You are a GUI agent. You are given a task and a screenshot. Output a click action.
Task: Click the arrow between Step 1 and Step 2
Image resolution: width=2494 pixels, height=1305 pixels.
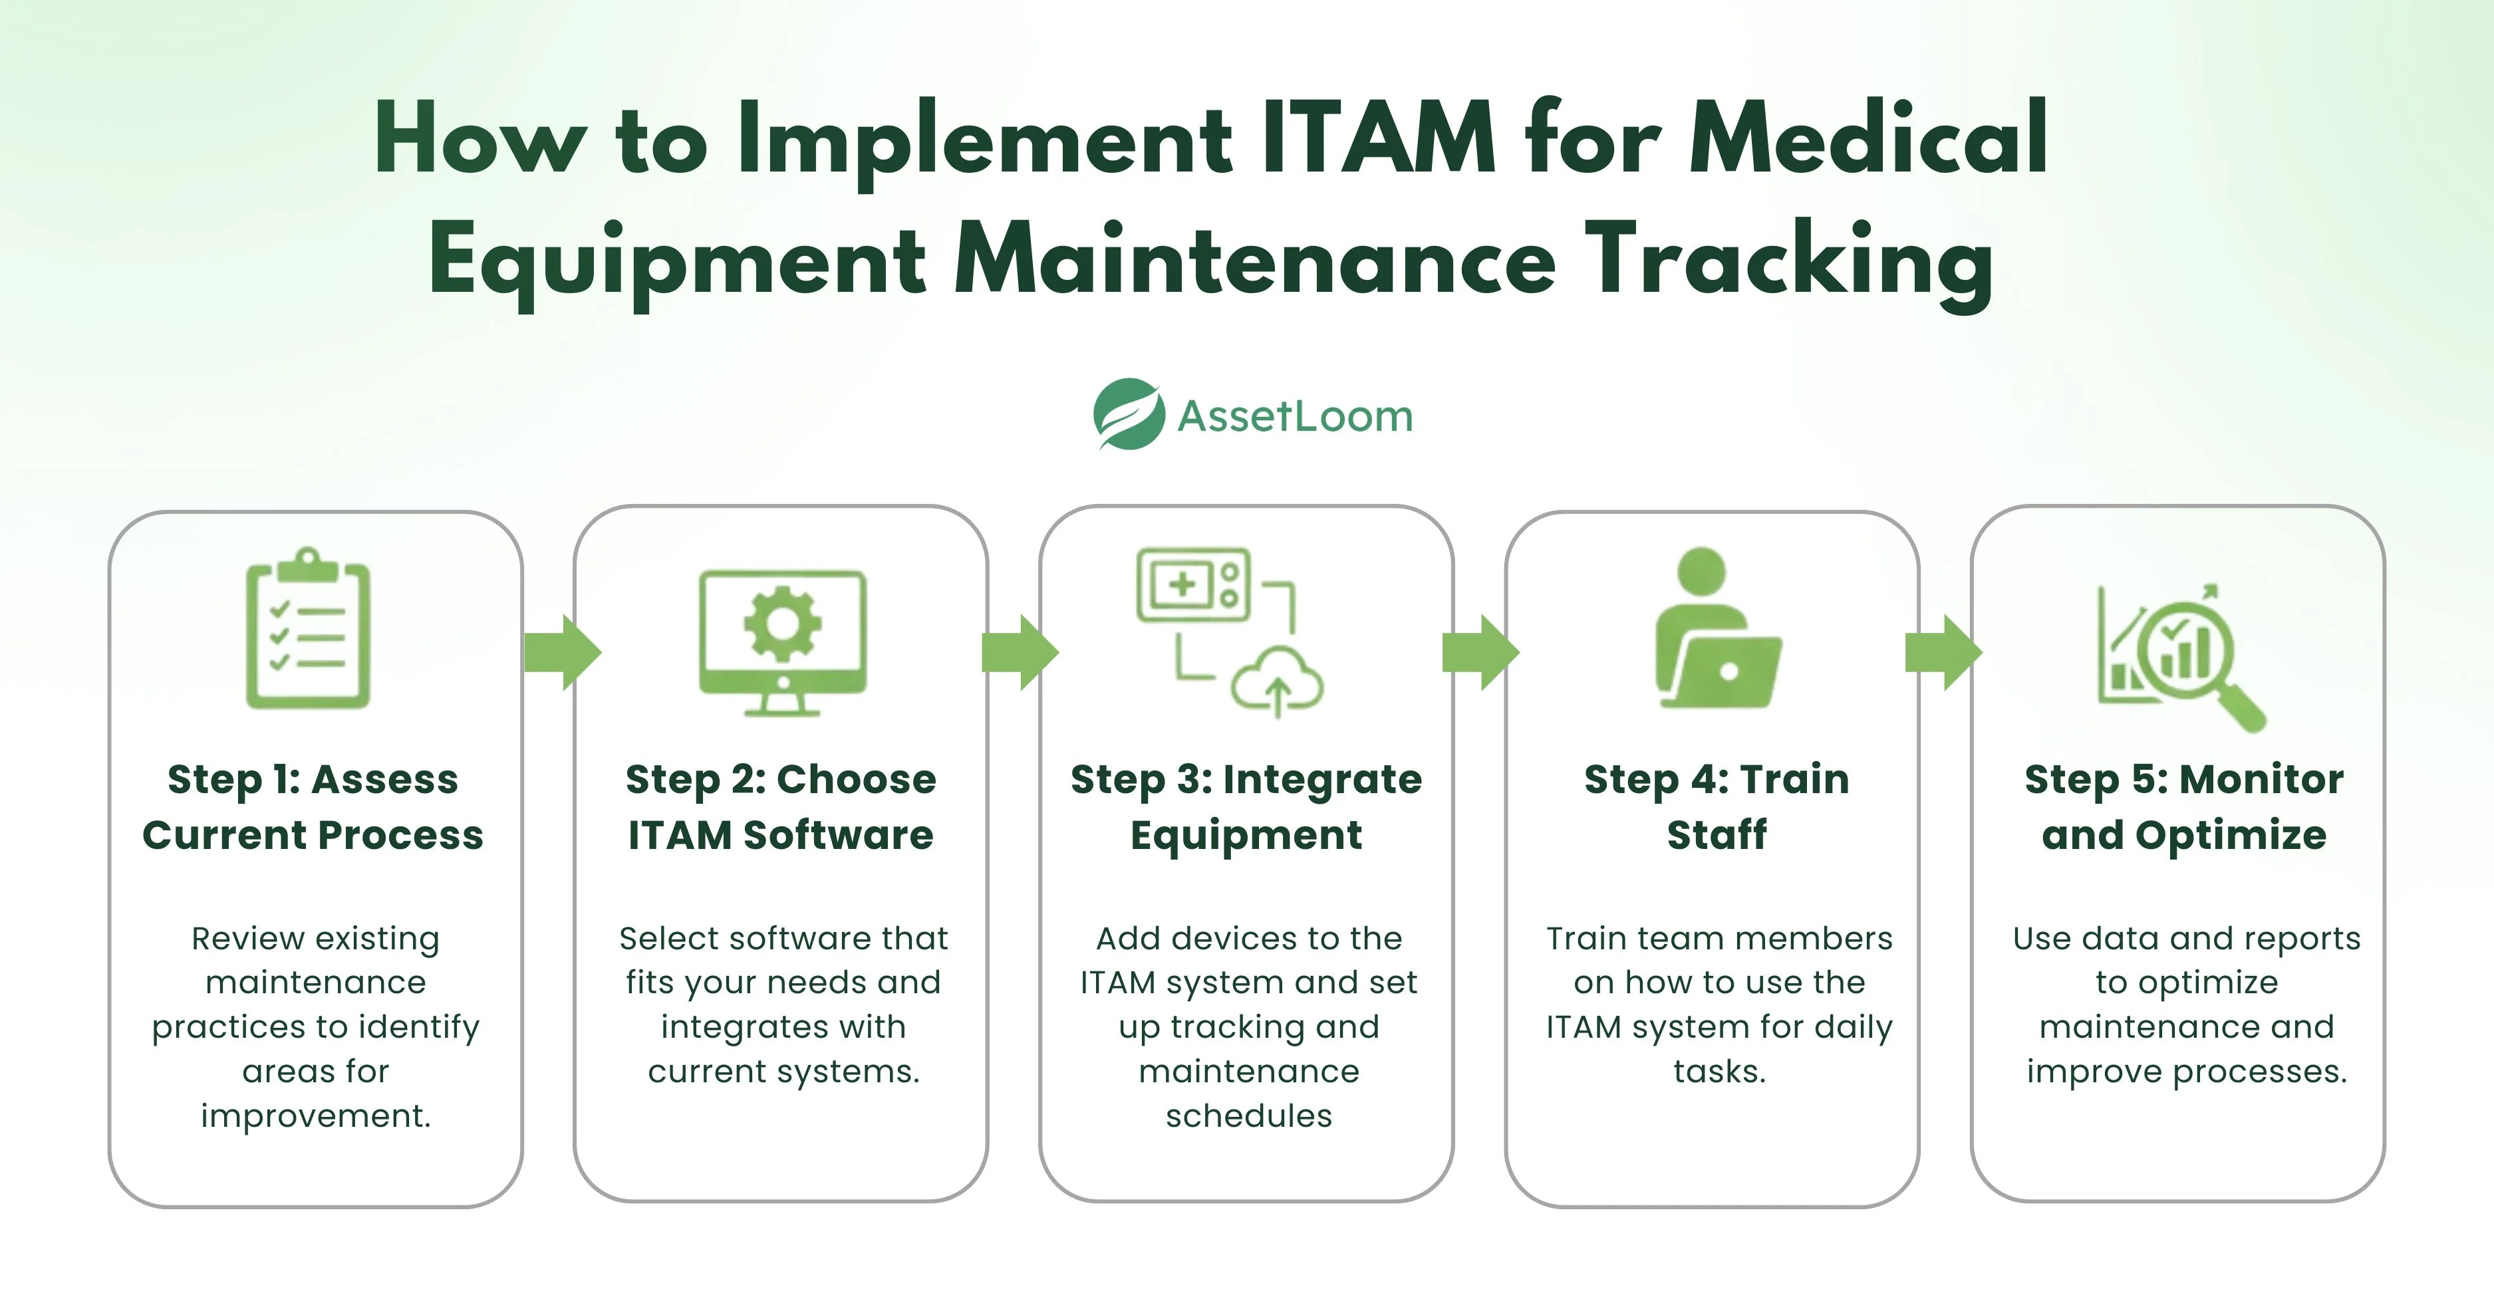click(563, 653)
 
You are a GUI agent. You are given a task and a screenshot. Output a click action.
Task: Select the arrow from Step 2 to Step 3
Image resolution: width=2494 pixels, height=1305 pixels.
click(1020, 653)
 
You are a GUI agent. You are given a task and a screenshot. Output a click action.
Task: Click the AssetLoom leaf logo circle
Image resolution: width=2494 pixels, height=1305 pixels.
click(1129, 414)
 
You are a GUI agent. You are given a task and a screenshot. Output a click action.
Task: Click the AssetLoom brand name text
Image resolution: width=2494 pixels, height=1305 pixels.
click(1296, 416)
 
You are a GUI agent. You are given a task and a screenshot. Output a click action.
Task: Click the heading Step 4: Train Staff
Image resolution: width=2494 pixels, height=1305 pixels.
click(1717, 806)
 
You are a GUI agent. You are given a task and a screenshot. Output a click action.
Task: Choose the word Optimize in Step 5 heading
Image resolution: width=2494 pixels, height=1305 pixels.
click(2231, 834)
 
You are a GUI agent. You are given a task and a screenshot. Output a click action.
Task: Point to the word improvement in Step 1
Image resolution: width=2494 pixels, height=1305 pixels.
click(316, 1116)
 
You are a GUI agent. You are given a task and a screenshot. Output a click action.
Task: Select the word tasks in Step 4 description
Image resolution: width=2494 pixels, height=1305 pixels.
click(1719, 1071)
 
